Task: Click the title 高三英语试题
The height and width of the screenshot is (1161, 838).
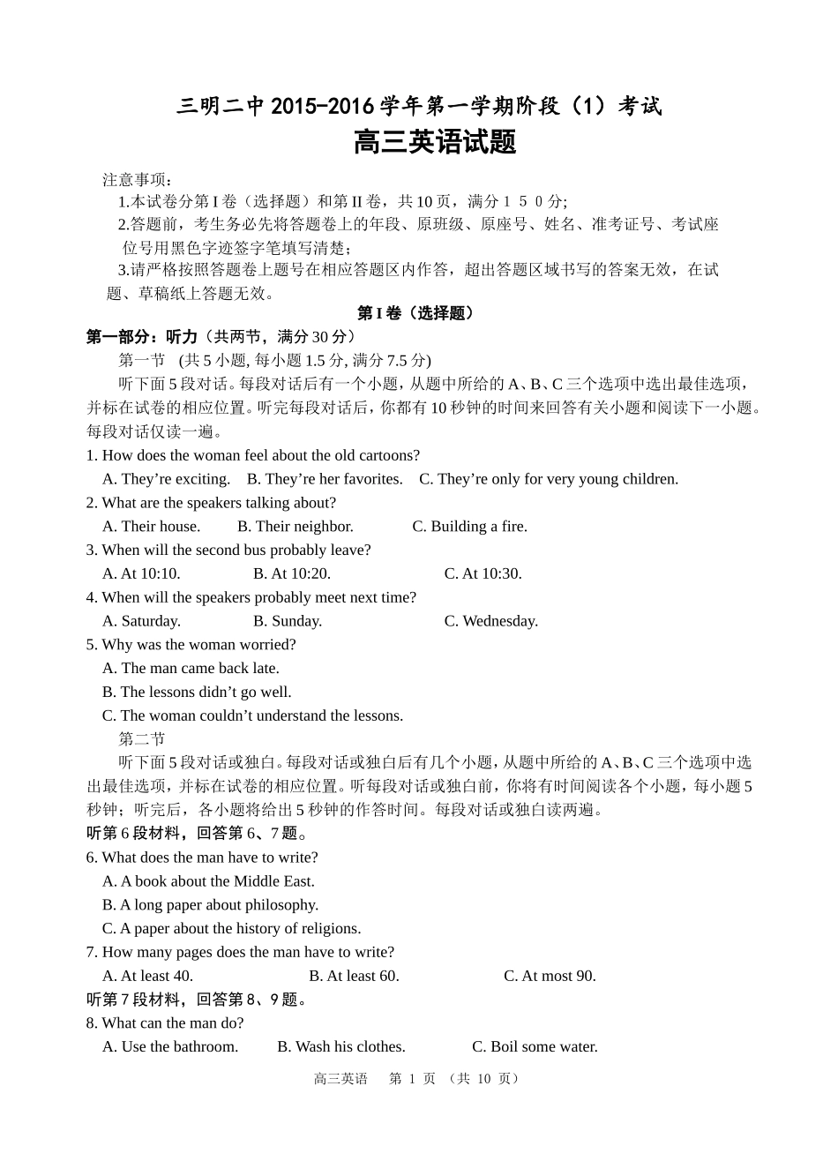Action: (434, 143)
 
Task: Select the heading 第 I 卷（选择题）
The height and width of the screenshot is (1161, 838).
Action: (415, 313)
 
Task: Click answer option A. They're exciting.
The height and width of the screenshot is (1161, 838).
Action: (166, 479)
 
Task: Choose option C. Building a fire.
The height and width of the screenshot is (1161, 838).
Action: (469, 527)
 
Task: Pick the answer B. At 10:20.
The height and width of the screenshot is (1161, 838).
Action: (291, 573)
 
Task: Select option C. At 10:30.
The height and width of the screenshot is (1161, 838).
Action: (483, 573)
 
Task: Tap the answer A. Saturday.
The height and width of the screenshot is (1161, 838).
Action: (141, 621)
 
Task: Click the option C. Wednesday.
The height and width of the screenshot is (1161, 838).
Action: (490, 621)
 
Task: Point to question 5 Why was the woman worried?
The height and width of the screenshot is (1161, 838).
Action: (191, 645)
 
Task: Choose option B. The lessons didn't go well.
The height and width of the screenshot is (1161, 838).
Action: (197, 693)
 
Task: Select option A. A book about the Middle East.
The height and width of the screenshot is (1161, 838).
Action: (208, 881)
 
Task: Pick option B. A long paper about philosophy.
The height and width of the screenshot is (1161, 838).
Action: (210, 905)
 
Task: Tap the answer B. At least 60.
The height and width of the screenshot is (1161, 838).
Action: (354, 976)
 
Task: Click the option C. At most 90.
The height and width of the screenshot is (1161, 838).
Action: (550, 976)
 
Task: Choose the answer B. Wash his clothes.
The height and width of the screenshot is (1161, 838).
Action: (340, 1047)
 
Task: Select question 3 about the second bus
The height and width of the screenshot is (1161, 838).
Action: (228, 551)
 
